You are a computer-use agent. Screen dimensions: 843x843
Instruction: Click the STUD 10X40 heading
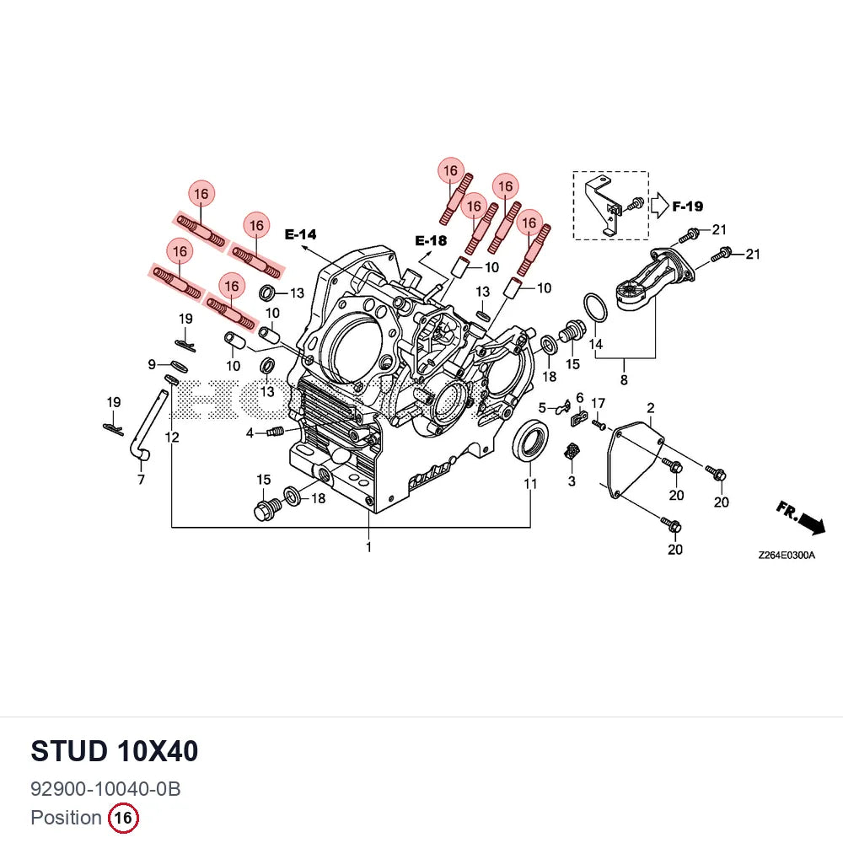[x=115, y=751]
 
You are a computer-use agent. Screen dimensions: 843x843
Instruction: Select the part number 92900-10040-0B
[x=105, y=789]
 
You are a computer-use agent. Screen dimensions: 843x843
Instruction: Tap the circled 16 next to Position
[x=123, y=818]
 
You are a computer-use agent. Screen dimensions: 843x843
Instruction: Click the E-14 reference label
[x=301, y=234]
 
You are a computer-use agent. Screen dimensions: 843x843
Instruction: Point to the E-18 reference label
[x=431, y=241]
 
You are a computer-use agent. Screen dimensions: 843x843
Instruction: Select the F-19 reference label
[x=688, y=206]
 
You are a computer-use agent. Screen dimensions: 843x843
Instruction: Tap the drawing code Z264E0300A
[x=786, y=556]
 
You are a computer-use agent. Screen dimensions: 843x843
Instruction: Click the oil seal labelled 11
[x=530, y=441]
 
